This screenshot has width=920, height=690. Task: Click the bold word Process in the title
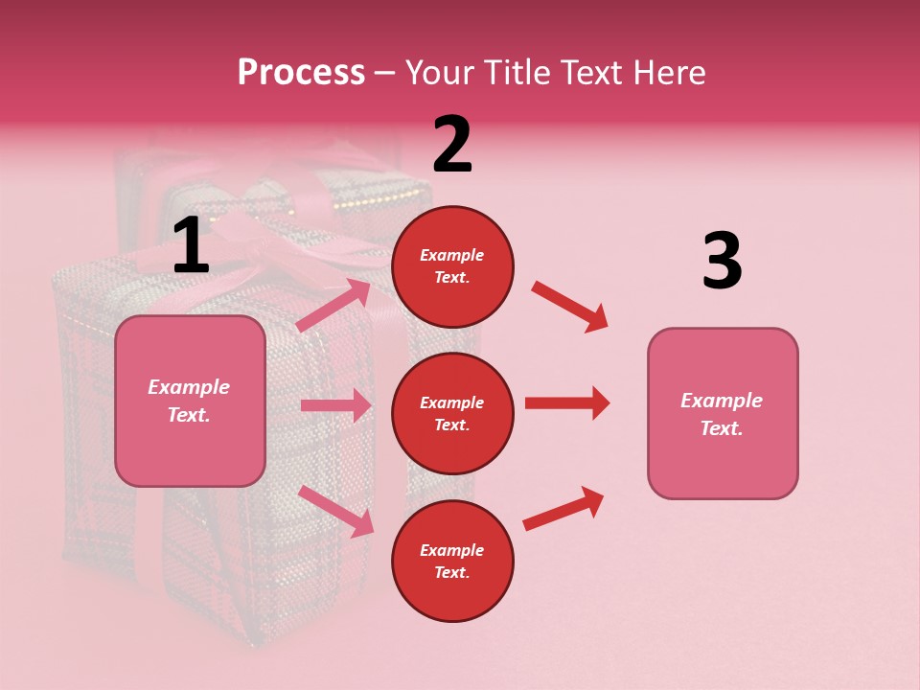pyautogui.click(x=301, y=73)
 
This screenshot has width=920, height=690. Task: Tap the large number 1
pyautogui.click(x=191, y=246)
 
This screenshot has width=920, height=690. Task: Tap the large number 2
pyautogui.click(x=452, y=146)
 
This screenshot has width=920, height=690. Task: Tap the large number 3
pyautogui.click(x=722, y=262)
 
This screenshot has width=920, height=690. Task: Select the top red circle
pyautogui.click(x=452, y=266)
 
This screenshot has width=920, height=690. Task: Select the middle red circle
pyautogui.click(x=452, y=413)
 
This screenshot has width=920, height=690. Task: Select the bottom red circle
pyautogui.click(x=452, y=561)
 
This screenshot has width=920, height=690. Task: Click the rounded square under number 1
pyautogui.click(x=190, y=401)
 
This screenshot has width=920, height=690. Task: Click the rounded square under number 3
pyautogui.click(x=723, y=413)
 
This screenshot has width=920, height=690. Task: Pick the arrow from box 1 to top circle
pyautogui.click(x=333, y=305)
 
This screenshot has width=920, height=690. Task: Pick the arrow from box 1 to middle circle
pyautogui.click(x=335, y=405)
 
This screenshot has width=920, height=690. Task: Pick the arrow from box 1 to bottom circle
pyautogui.click(x=335, y=510)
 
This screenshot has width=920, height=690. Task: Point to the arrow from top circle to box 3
pyautogui.click(x=569, y=307)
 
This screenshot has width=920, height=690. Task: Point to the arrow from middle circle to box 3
pyautogui.click(x=566, y=403)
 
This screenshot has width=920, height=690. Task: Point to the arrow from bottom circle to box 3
pyautogui.click(x=563, y=509)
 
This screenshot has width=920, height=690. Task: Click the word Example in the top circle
pyautogui.click(x=452, y=256)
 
